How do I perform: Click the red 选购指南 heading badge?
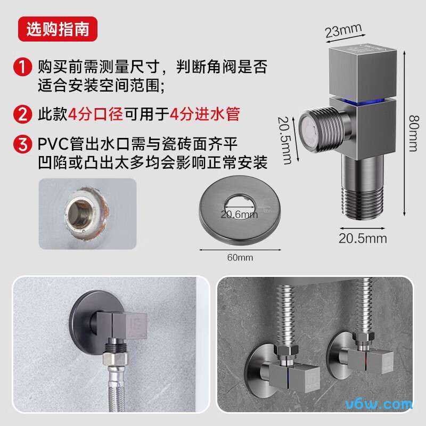[58, 30]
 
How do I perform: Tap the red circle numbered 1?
[23, 68]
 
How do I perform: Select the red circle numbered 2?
[23, 114]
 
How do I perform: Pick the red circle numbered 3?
[23, 145]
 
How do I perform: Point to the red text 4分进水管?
[204, 114]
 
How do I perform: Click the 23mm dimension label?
[343, 30]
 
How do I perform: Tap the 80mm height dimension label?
[412, 133]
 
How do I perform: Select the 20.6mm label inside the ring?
[239, 215]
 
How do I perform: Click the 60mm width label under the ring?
[240, 258]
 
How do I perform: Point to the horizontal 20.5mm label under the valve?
[363, 237]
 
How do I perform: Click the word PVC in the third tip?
[54, 144]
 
